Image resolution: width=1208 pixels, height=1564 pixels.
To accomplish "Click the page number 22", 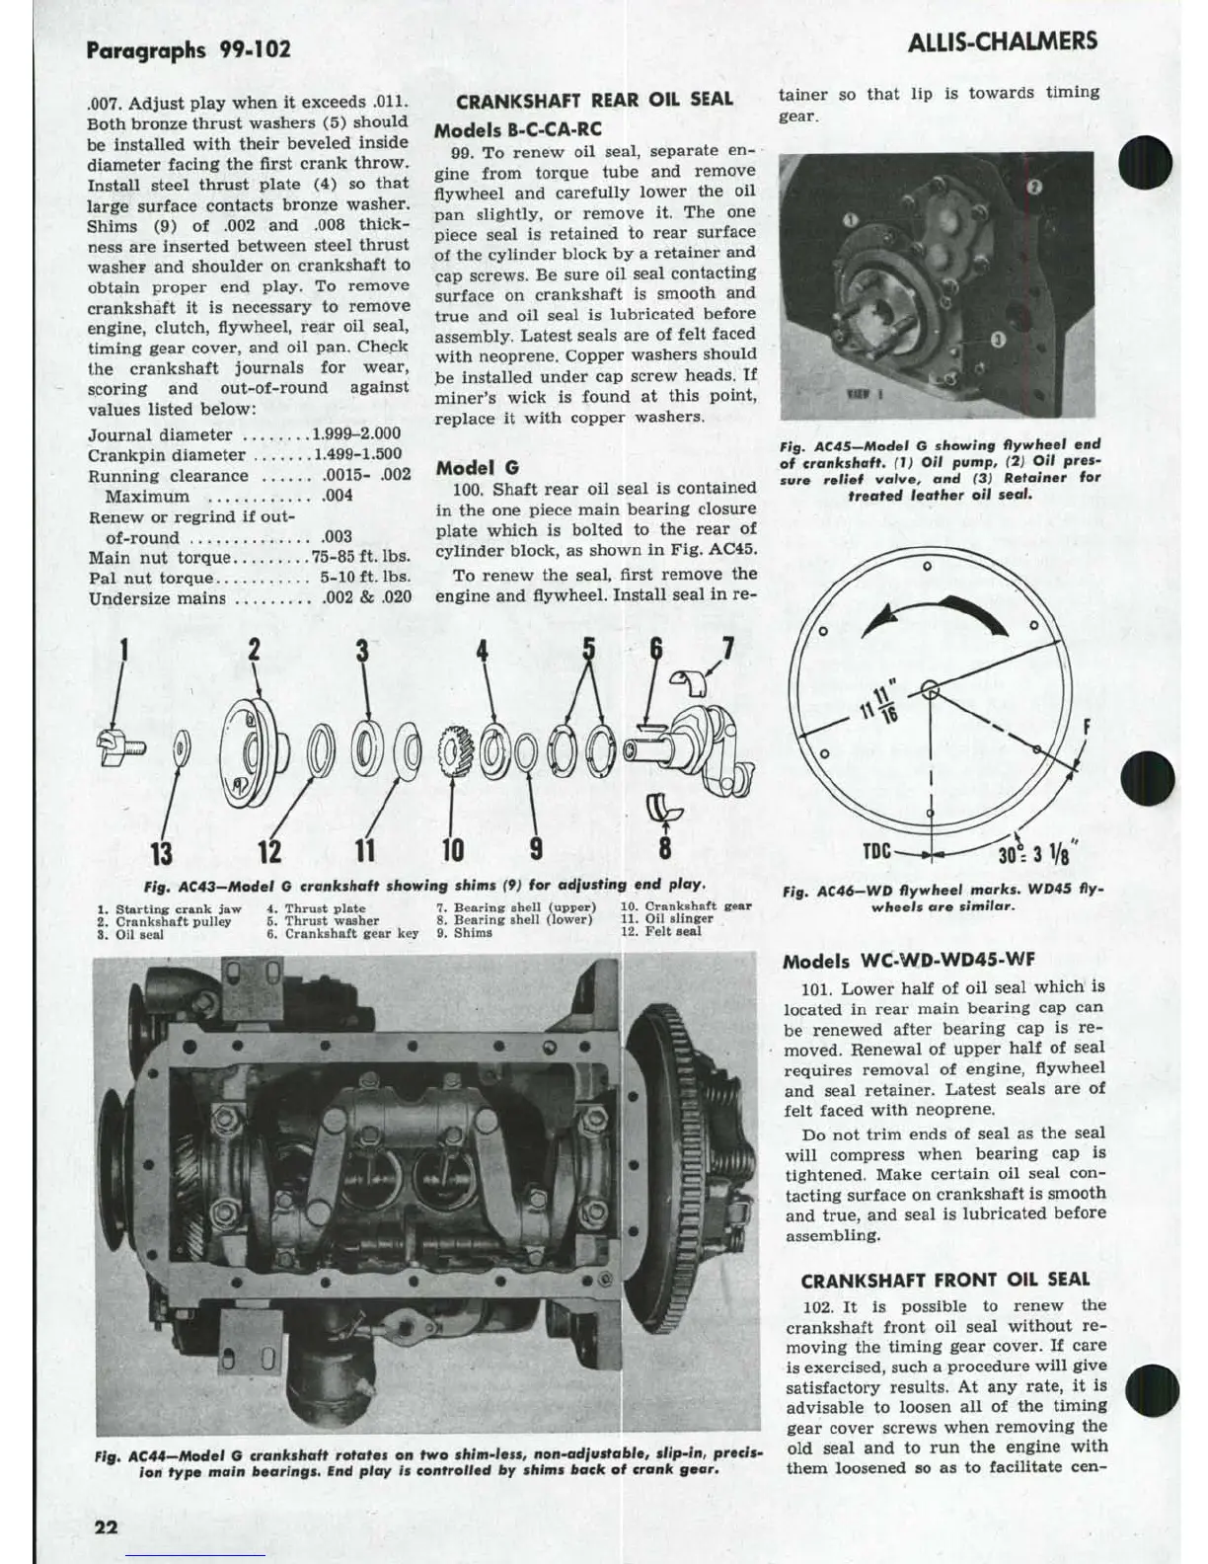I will tap(106, 1526).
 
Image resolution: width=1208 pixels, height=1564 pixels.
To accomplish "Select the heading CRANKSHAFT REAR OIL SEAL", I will tap(594, 100).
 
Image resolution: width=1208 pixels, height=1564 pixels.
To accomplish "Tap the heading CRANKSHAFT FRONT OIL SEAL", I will tap(944, 1281).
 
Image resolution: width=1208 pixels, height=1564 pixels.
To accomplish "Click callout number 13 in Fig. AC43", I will tap(161, 850).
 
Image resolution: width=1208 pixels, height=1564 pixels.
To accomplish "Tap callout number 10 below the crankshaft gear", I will tap(452, 849).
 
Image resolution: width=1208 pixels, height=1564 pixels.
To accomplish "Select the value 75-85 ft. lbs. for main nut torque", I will tap(360, 557).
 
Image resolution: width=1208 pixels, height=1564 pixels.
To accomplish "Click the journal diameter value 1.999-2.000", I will tap(356, 434).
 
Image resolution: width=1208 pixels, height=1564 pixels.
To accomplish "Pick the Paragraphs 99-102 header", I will tap(189, 49).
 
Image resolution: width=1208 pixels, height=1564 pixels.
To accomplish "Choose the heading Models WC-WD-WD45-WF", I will tap(908, 961).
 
